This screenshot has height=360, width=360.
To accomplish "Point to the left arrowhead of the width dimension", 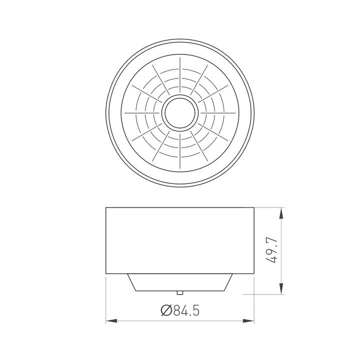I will click(111, 320).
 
